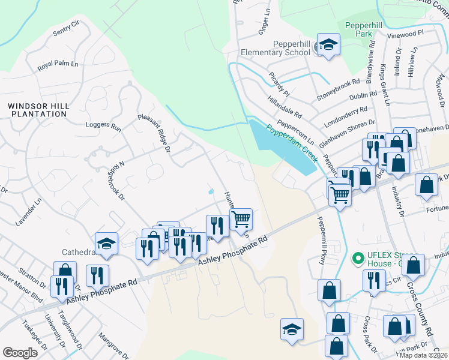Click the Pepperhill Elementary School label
(x=276, y=48)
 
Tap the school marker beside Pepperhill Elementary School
(x=328, y=45)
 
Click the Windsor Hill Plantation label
(x=39, y=110)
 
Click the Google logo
(x=20, y=353)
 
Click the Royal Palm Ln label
(x=58, y=64)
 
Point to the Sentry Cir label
(x=66, y=28)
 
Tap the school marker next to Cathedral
(x=106, y=243)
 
